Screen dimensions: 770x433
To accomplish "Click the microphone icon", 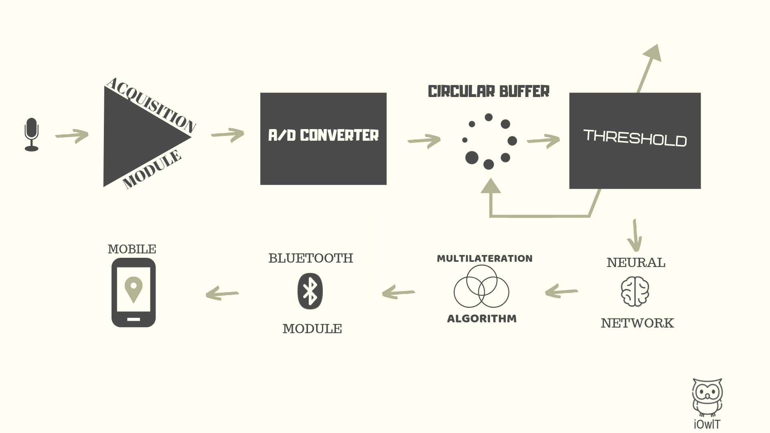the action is [32, 135].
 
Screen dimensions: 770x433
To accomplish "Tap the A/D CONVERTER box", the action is [323, 139].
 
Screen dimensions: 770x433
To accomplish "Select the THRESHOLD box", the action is [635, 141].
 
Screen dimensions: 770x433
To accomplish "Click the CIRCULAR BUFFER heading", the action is [488, 91].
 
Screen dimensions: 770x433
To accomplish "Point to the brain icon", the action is [635, 291].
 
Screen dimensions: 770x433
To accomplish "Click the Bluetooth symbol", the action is [310, 291].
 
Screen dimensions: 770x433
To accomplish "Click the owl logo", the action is [707, 397].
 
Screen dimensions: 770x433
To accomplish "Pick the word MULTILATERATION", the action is [484, 259].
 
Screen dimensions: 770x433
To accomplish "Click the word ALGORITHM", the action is [482, 319].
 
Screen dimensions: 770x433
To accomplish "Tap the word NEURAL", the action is [636, 263].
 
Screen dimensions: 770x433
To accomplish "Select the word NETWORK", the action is [637, 323].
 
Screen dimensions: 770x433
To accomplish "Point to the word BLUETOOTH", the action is [310, 258].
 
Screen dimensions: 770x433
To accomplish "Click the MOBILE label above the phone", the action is [132, 249].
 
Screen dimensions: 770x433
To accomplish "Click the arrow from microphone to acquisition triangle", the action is [72, 136].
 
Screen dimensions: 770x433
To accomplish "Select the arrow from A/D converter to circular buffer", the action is [424, 141].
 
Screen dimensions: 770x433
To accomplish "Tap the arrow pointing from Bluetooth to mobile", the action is [222, 293].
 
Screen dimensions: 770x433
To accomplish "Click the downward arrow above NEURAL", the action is [635, 235].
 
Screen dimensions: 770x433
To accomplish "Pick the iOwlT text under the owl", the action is [707, 424].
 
